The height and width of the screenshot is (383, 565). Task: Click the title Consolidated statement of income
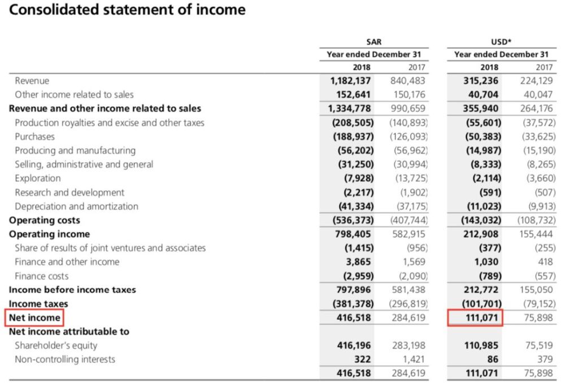pyautogui.click(x=128, y=10)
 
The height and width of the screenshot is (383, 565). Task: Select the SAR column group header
pyautogui.click(x=373, y=42)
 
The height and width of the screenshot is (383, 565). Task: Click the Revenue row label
pyautogui.click(x=32, y=81)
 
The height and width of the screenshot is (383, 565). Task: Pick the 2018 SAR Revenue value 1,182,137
pyautogui.click(x=350, y=81)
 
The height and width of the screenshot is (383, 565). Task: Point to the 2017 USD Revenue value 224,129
pyautogui.click(x=536, y=81)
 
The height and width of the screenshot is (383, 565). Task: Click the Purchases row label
pyautogui.click(x=34, y=137)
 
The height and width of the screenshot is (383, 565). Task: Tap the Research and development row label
pyautogui.click(x=69, y=193)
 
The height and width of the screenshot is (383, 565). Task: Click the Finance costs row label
pyautogui.click(x=41, y=276)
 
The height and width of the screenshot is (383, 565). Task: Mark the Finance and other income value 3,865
pyautogui.click(x=357, y=262)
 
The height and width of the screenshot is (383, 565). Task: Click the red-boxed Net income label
pyautogui.click(x=34, y=318)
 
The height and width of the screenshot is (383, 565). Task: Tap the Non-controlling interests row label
pyautogui.click(x=64, y=359)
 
